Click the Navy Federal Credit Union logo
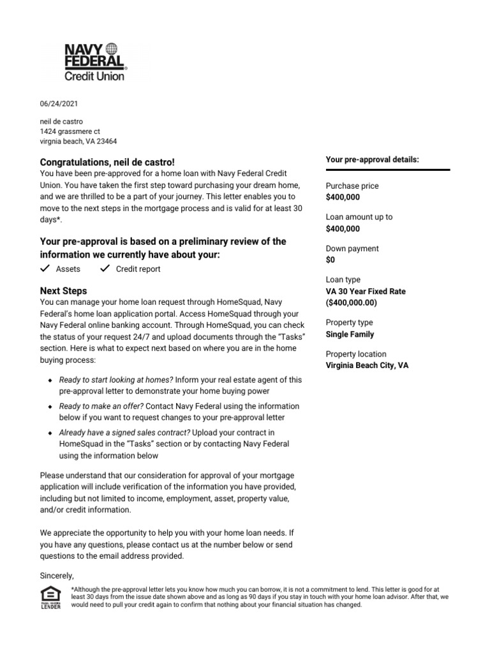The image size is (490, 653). coord(95,62)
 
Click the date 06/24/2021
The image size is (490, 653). coord(59,103)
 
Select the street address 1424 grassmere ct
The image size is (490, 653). coord(70,131)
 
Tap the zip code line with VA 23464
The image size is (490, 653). coord(78,142)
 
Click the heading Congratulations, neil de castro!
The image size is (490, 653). coord(107,163)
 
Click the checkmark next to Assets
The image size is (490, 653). coord(45,268)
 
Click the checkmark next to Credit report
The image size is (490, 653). coord(105,268)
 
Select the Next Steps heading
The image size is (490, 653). coord(63,291)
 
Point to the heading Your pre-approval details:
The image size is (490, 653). coord(372,159)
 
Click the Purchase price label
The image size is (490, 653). coord(352,186)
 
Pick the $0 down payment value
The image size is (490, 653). coord(330,260)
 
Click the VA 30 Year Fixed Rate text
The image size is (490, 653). coord(366,291)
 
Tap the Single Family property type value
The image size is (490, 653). coord(350,334)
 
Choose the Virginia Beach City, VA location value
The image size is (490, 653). coord(367,365)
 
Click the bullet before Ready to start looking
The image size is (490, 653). coord(50,380)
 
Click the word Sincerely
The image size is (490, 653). coord(57,575)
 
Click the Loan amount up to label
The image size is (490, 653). coord(359,217)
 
